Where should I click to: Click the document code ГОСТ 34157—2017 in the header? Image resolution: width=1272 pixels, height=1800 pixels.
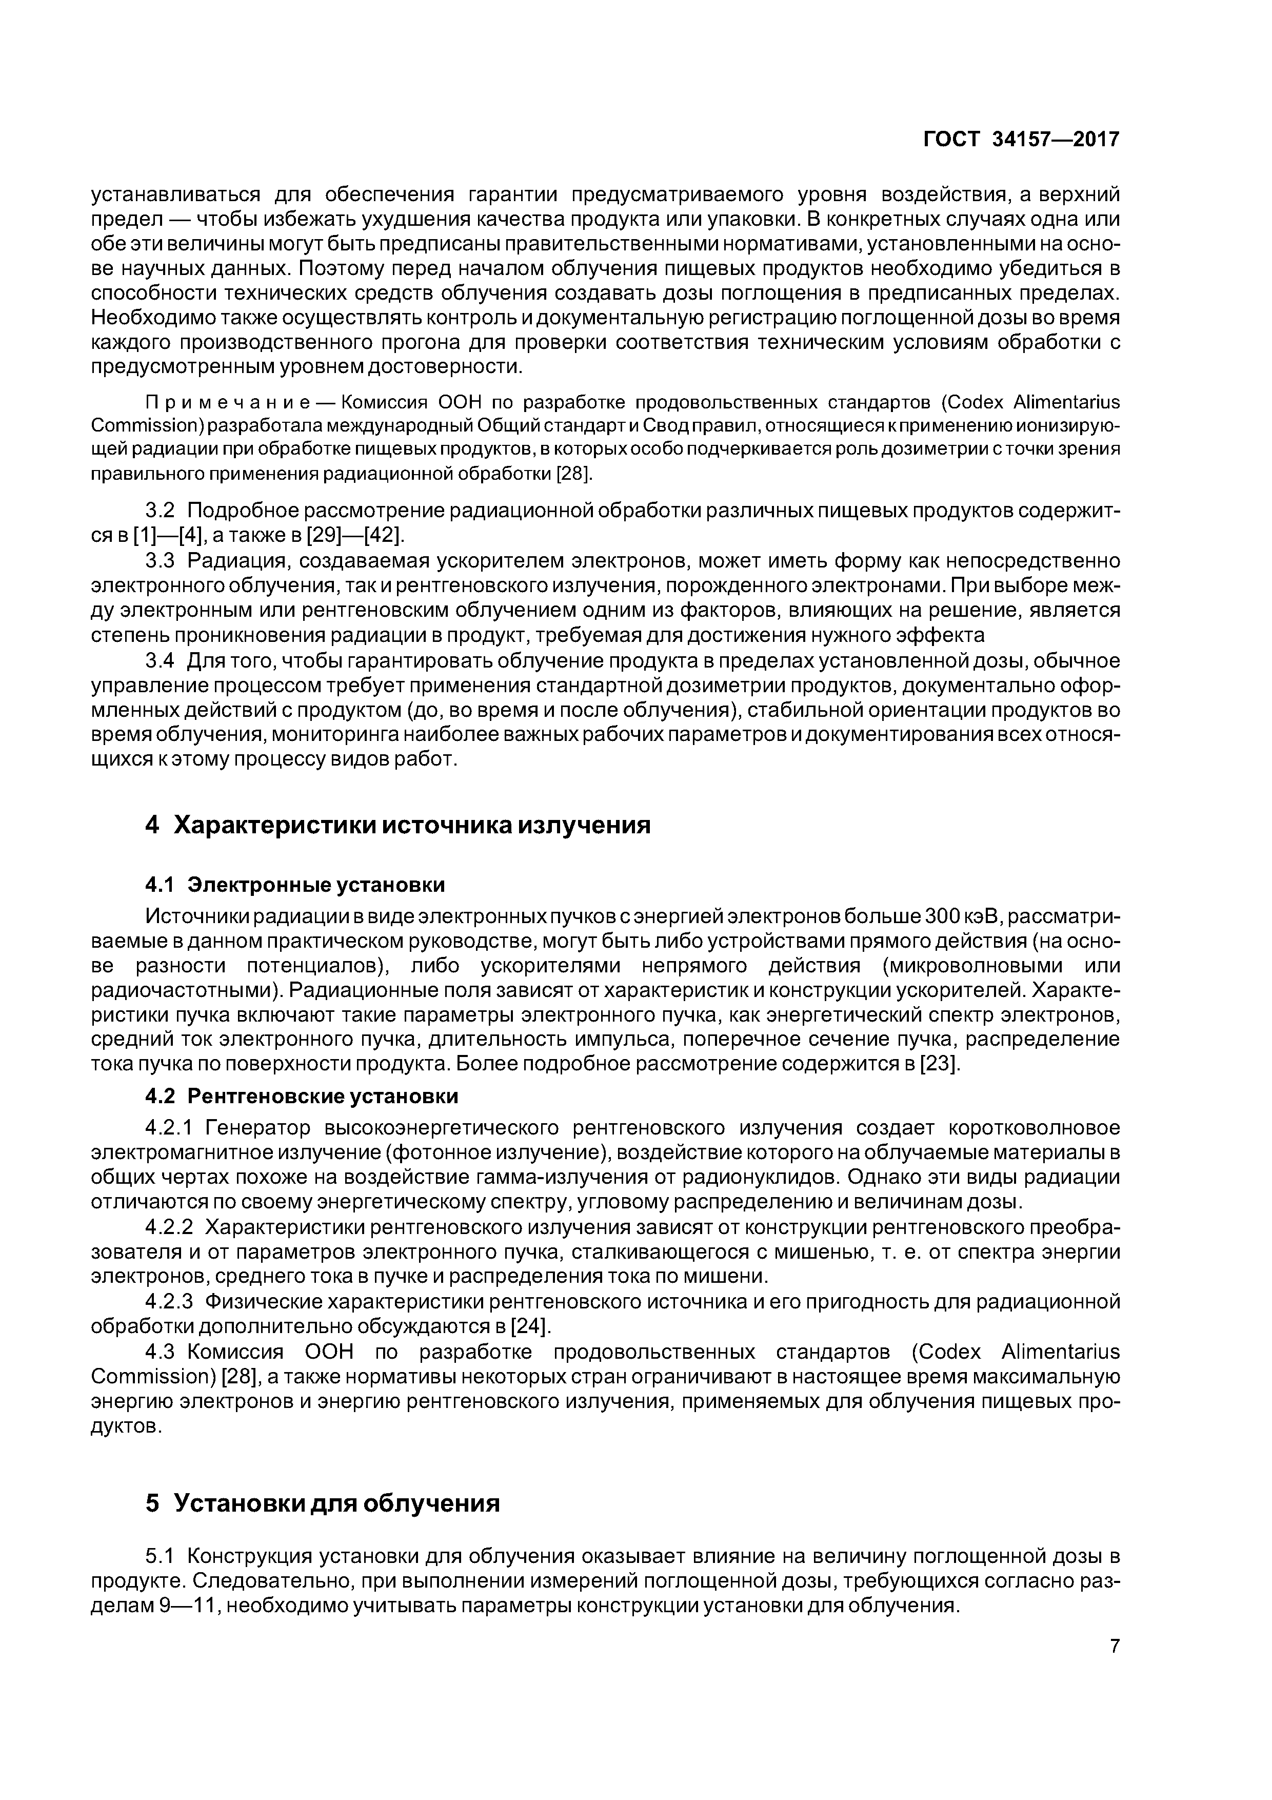coord(1021,140)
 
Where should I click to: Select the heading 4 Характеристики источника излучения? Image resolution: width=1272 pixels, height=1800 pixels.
coord(398,826)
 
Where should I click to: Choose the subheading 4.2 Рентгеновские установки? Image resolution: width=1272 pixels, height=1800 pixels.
coord(302,1095)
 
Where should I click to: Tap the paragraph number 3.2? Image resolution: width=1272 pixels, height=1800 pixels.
coord(160,511)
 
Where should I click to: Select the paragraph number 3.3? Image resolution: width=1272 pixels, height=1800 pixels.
coord(160,561)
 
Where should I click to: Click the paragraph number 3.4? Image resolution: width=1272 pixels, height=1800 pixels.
coord(160,661)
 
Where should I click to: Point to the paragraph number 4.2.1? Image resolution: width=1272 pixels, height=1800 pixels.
coord(169,1128)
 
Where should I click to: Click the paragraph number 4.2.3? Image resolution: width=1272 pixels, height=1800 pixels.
coord(169,1302)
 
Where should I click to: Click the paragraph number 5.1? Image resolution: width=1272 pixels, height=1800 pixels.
coord(160,1555)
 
